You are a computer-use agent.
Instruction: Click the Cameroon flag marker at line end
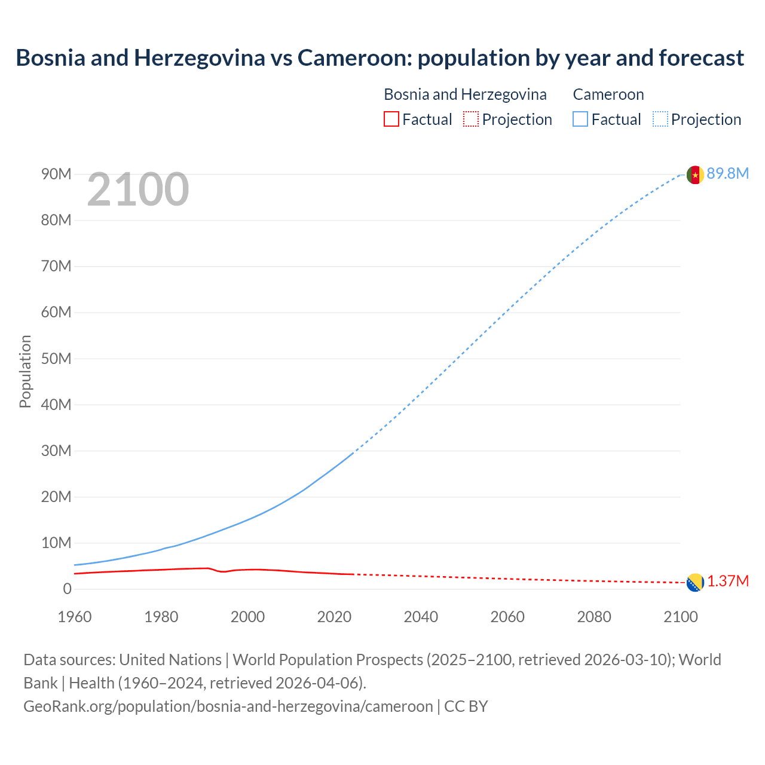coord(694,175)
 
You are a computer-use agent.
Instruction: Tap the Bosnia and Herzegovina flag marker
coord(694,582)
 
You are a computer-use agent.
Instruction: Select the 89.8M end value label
coord(727,174)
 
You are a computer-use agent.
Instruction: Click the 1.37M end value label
coord(728,582)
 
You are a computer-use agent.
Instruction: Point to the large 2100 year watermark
coord(138,189)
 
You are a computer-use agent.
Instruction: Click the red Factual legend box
coord(391,119)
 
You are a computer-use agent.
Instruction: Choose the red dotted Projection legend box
coord(471,119)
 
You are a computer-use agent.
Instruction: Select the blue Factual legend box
coord(580,119)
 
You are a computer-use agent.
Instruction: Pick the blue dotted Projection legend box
coord(660,119)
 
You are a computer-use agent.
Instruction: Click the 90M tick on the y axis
coord(56,174)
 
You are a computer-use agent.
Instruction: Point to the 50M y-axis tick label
coord(56,359)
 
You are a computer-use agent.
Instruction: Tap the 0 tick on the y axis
coord(67,589)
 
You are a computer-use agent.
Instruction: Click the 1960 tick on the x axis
coord(75,617)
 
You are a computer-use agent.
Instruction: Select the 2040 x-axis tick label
coord(421,617)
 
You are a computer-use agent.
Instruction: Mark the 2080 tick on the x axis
coord(594,617)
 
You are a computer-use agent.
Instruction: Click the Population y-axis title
coord(25,371)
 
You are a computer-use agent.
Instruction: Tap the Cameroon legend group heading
coord(608,94)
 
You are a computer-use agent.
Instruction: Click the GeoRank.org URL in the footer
coord(228,706)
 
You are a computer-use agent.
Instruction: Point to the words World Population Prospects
coord(328,660)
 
